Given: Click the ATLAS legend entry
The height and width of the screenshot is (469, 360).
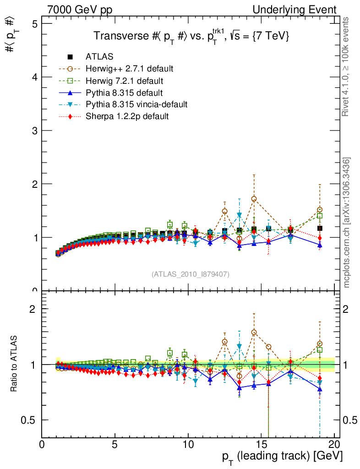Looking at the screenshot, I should click(99, 57).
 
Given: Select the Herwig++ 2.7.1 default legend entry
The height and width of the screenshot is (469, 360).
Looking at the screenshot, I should click(129, 69).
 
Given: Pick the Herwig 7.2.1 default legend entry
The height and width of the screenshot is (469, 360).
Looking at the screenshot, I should click(125, 81).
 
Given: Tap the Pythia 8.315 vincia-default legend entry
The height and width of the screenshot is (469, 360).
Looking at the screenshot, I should click(136, 104).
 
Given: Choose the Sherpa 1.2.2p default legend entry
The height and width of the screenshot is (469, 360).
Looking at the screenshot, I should click(127, 116).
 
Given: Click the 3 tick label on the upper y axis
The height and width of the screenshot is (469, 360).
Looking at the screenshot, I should click(35, 131).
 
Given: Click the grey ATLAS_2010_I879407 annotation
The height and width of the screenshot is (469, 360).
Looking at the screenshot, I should click(191, 274).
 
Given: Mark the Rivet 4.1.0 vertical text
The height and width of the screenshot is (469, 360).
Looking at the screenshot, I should click(347, 66).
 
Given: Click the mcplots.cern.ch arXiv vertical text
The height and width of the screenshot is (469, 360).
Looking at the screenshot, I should click(347, 222).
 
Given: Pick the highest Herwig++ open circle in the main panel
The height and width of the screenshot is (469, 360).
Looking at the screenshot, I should click(254, 199).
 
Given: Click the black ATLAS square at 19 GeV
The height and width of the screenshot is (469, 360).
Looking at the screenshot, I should click(320, 228).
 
